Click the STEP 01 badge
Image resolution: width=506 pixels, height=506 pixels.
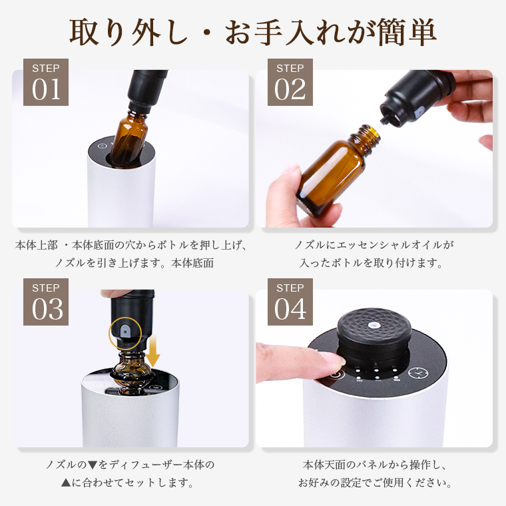[46, 82]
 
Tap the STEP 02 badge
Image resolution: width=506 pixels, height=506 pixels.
[290, 82]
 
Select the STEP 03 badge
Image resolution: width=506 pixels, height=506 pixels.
[46, 302]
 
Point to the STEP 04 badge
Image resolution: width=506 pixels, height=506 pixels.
[290, 302]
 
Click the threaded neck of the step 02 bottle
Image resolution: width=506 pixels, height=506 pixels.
[368, 139]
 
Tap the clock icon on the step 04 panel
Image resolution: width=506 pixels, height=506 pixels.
[418, 373]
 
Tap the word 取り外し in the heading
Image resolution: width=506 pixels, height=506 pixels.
[128, 32]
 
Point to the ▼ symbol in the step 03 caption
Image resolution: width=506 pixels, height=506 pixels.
[93, 465]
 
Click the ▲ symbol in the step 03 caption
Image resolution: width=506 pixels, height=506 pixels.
[65, 483]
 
